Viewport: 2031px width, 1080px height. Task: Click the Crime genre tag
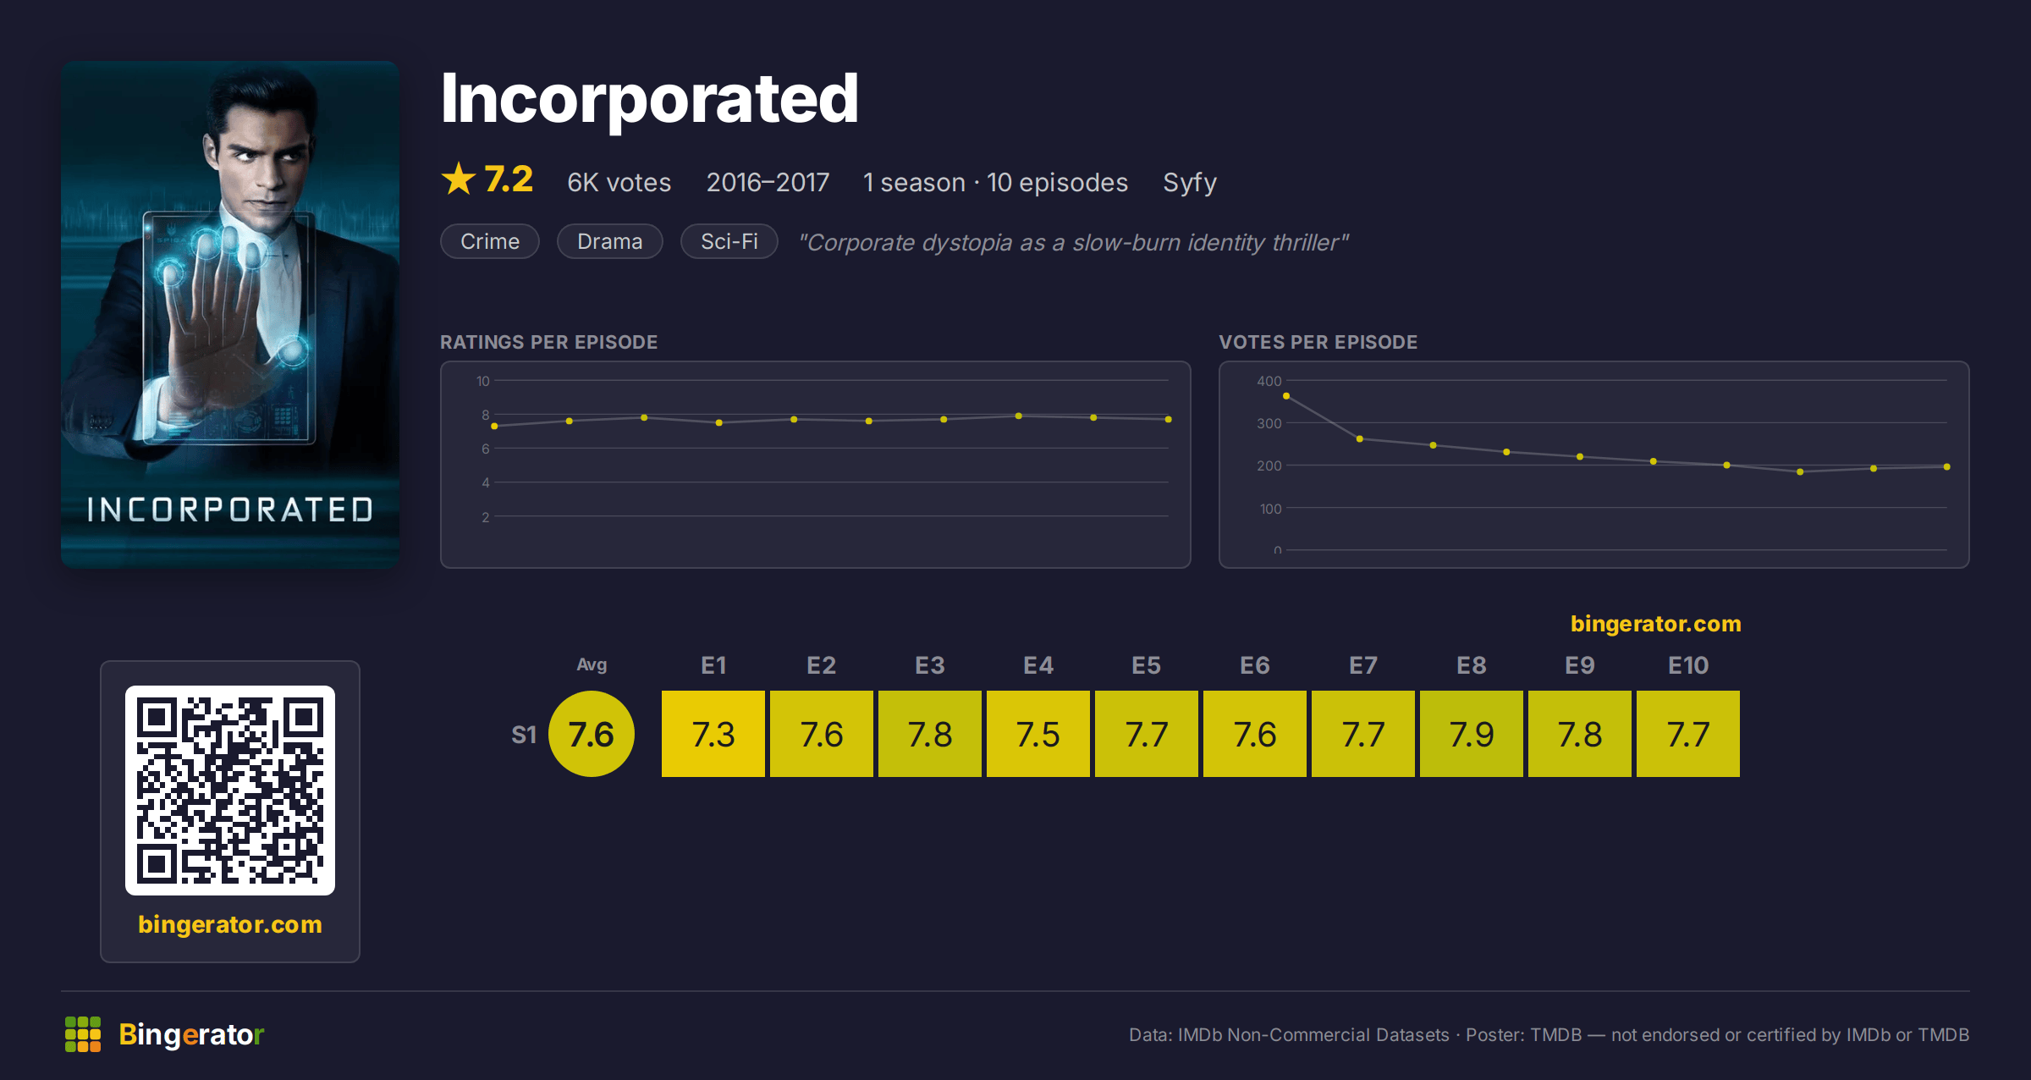490,241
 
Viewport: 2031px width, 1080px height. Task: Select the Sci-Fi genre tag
729,241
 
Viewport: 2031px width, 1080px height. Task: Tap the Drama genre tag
609,241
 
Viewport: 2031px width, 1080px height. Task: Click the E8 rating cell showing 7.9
1472,734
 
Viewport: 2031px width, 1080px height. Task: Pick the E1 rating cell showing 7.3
713,734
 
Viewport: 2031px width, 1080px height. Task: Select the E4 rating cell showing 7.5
1038,734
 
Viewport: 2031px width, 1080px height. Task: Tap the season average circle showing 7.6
592,734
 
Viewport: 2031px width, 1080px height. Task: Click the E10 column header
1688,665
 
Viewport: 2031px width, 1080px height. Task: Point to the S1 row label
524,735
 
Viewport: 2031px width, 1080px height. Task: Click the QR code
230,791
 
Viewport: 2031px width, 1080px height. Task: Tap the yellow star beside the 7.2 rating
459,179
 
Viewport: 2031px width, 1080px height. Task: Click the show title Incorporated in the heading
650,99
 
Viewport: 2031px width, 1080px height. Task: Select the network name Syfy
1190,183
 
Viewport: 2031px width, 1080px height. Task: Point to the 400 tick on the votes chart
1269,381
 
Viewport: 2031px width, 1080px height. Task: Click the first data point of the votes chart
1286,396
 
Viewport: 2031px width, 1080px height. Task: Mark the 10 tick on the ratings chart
483,381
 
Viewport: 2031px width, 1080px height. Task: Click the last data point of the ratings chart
1169,419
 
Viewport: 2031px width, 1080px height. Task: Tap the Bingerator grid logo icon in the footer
83,1034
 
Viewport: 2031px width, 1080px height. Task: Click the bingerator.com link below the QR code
230,924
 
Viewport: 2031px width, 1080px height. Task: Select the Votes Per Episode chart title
1318,342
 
